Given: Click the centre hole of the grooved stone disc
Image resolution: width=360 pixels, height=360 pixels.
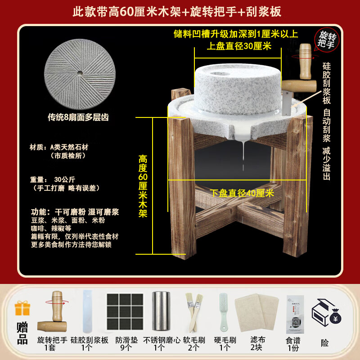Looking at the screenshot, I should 79,72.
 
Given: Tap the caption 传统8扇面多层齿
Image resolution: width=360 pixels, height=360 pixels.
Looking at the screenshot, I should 78,118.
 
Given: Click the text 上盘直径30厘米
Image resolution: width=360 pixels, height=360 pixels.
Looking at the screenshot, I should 239,46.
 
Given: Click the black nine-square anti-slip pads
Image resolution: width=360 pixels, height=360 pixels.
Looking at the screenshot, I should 125,311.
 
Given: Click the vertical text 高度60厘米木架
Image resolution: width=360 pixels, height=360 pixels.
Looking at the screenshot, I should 143,186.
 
